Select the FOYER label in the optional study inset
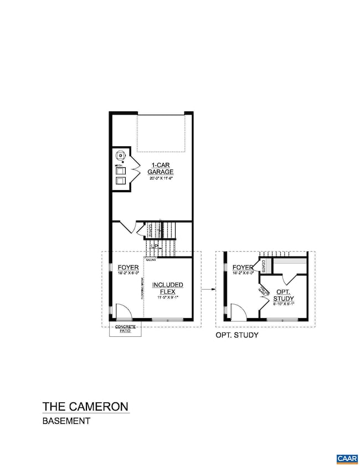pos(243,267)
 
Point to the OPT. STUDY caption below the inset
pos(236,336)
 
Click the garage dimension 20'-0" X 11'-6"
pos(160,178)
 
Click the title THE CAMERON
pos(85,406)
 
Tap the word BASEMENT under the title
pos(66,421)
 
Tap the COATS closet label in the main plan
pos(149,229)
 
